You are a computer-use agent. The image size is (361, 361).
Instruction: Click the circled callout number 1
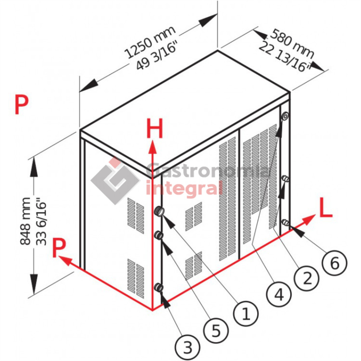click(x=246, y=314)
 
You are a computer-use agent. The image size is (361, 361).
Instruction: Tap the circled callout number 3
click(x=187, y=347)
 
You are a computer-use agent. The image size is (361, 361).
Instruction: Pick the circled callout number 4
click(x=279, y=295)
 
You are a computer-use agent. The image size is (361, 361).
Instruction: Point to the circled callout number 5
click(x=216, y=331)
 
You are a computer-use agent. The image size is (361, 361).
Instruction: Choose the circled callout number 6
click(x=334, y=263)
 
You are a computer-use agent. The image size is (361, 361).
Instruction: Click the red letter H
click(x=155, y=128)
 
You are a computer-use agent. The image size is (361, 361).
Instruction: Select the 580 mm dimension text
click(x=292, y=44)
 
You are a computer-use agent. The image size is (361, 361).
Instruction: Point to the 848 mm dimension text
click(x=25, y=221)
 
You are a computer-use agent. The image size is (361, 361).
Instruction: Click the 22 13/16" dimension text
click(x=285, y=57)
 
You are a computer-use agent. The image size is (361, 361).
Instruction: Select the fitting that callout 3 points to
click(x=159, y=287)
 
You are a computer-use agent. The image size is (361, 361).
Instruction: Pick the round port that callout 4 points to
click(x=285, y=116)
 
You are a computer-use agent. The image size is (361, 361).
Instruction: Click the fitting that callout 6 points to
click(x=285, y=222)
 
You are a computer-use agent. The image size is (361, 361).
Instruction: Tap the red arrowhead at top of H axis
click(x=152, y=147)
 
